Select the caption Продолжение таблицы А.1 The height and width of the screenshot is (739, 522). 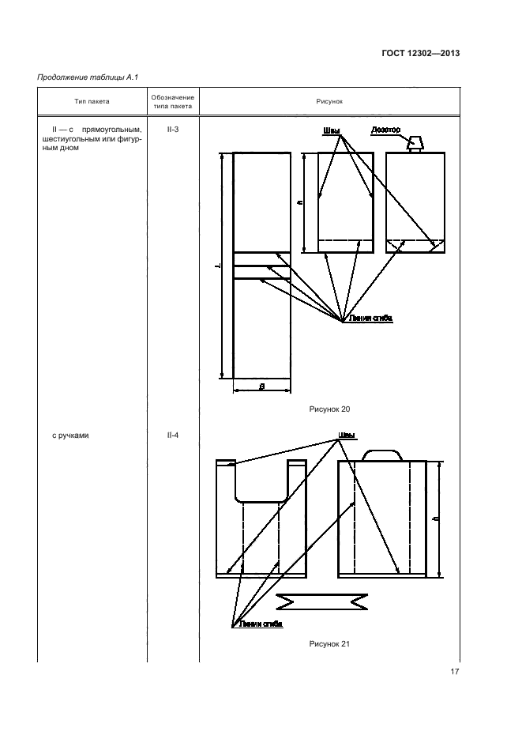click(83, 77)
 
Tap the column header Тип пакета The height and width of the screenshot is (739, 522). click(92, 101)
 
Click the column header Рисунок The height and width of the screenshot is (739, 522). click(330, 101)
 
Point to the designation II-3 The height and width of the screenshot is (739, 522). click(172, 129)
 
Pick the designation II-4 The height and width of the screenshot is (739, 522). click(172, 435)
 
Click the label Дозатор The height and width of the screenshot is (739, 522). click(386, 130)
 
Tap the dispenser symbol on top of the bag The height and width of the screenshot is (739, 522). click(414, 144)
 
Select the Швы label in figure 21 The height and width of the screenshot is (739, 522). click(346, 435)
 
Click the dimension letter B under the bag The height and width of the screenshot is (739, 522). click(261, 386)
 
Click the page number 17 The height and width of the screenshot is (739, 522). click(454, 672)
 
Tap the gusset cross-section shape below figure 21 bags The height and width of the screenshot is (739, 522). click(322, 602)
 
